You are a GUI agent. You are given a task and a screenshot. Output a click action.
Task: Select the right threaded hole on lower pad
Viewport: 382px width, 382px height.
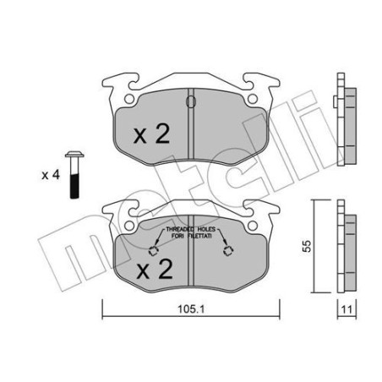226,250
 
